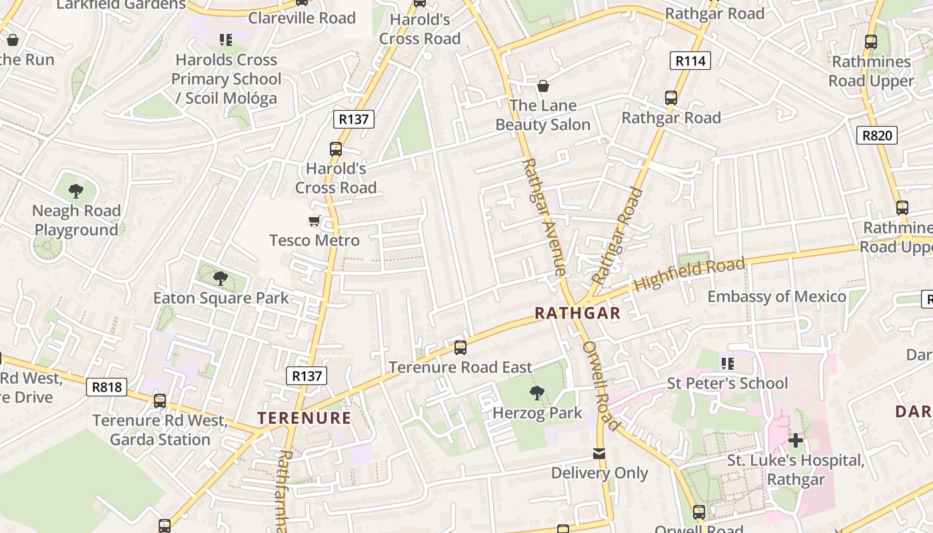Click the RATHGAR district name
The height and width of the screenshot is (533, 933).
click(577, 313)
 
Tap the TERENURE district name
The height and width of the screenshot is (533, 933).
click(304, 418)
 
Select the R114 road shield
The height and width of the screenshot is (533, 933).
click(690, 61)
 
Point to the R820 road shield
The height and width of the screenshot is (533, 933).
click(876, 136)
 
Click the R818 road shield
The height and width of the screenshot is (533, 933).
click(107, 387)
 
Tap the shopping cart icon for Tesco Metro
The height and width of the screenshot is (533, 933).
click(314, 221)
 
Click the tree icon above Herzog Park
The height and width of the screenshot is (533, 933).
click(536, 393)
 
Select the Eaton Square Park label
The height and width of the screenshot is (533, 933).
click(221, 298)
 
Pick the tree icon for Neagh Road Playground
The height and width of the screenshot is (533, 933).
click(76, 191)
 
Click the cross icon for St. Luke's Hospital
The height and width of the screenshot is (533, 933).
click(795, 440)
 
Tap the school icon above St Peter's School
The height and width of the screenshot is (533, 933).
click(727, 364)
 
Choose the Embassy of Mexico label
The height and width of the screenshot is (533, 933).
click(776, 296)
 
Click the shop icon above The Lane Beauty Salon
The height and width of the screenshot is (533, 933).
click(543, 86)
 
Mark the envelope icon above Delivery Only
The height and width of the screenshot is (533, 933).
click(599, 454)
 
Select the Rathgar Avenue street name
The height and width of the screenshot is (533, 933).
click(543, 217)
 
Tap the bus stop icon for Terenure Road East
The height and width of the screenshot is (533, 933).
click(460, 347)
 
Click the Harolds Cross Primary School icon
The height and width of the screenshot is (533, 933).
click(226, 40)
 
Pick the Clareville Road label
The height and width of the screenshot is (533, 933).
click(302, 18)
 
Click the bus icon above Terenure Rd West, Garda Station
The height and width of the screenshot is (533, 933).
click(160, 401)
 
